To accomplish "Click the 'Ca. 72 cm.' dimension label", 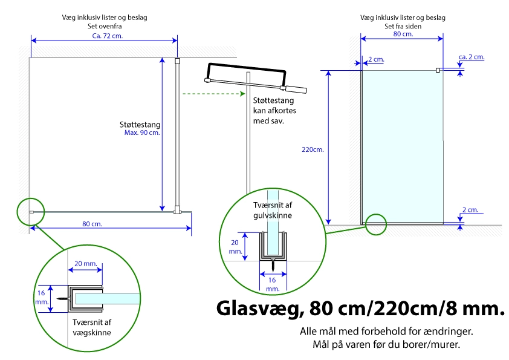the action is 108,36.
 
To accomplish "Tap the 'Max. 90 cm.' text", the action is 142,133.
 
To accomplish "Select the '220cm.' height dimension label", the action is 313,149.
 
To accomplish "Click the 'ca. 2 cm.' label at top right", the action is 472,57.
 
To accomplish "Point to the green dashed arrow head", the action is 242,94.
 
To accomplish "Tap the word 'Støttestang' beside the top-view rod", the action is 140,125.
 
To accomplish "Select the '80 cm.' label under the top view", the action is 92,224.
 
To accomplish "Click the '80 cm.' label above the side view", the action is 403,34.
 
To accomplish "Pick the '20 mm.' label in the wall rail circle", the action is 86,264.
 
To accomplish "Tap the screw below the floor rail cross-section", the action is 273,264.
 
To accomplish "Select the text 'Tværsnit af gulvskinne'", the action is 273,210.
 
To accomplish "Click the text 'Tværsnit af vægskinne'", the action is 92,327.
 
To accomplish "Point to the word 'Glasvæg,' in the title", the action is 260,309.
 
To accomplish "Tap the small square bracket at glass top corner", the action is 438,70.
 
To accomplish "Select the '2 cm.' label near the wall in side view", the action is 376,59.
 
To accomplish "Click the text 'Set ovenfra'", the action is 105,26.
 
